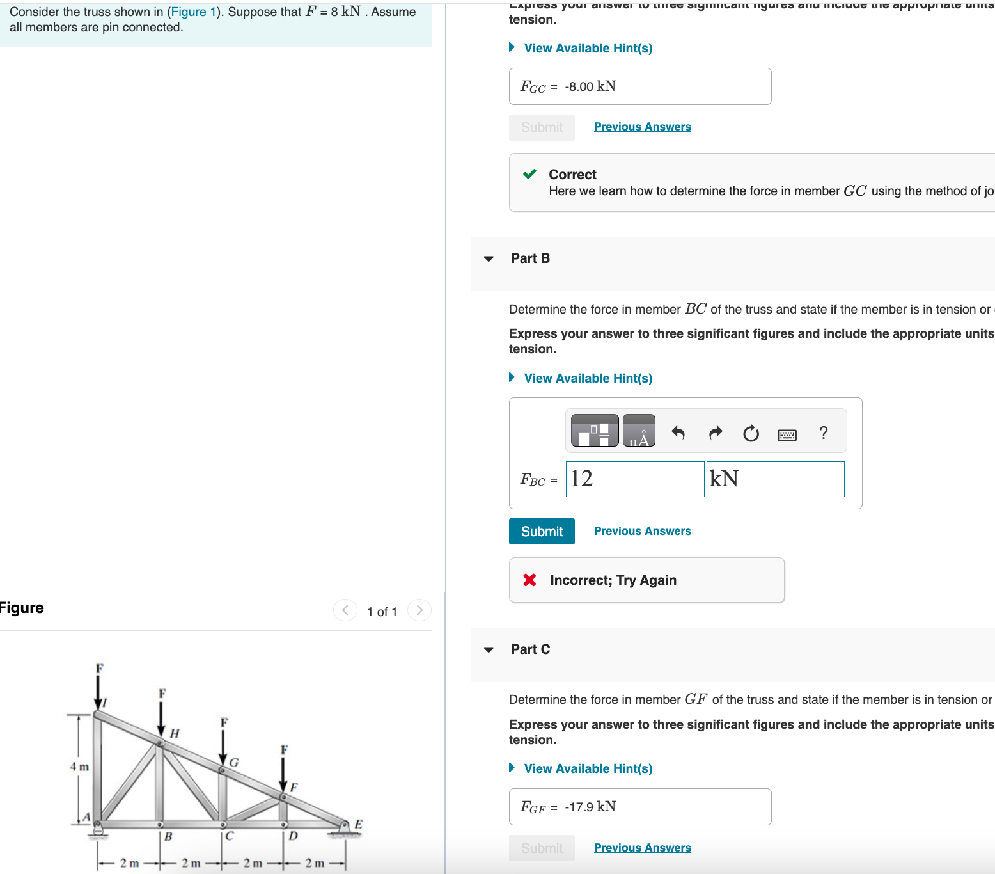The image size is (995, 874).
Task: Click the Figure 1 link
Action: coord(194,12)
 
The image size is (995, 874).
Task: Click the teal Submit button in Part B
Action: coord(542,532)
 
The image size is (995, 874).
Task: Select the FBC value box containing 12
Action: coord(634,479)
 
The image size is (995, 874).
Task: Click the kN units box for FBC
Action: coord(775,479)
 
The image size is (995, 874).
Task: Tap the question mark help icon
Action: coord(824,433)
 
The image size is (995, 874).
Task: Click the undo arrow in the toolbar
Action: coord(678,433)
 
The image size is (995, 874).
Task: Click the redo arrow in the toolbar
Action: coord(716,433)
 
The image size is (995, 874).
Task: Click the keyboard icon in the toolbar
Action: coord(787,435)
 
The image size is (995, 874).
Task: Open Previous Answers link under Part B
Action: coord(642,531)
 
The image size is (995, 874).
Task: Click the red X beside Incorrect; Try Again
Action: coord(529,580)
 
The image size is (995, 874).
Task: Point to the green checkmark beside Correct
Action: coord(529,174)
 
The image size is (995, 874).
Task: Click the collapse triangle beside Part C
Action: coord(489,649)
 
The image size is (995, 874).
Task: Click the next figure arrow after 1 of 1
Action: coord(419,610)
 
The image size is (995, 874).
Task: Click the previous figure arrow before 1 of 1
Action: coord(345,610)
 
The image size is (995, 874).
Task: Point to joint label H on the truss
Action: coord(175,733)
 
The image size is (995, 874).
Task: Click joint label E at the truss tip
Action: coord(358,824)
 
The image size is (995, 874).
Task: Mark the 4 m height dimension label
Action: coord(79,767)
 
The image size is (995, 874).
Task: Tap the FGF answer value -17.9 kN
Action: coord(590,807)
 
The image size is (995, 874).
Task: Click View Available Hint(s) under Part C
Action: coord(588,768)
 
